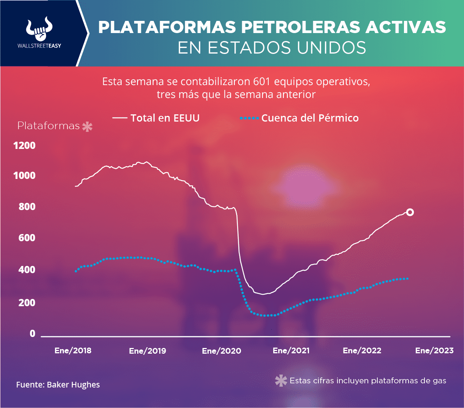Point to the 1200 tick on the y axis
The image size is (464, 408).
pos(24,145)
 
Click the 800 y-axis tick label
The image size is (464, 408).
pos(27,207)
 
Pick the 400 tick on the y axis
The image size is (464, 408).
pos(27,270)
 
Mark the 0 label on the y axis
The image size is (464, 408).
pos(32,334)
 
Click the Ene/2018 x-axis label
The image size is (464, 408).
pos(73,351)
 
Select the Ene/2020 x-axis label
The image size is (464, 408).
pos(222,351)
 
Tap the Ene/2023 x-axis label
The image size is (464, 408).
pos(434,351)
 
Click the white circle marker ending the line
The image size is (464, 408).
pos(410,212)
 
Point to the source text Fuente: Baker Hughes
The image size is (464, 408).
pos(58,385)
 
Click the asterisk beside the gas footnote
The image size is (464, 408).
pos(281,381)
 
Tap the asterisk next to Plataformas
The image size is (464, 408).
pos(87,127)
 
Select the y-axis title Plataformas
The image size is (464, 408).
pos(49,126)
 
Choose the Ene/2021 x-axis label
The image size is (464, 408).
pos(291,351)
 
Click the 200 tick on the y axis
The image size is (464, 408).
pos(27,303)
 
